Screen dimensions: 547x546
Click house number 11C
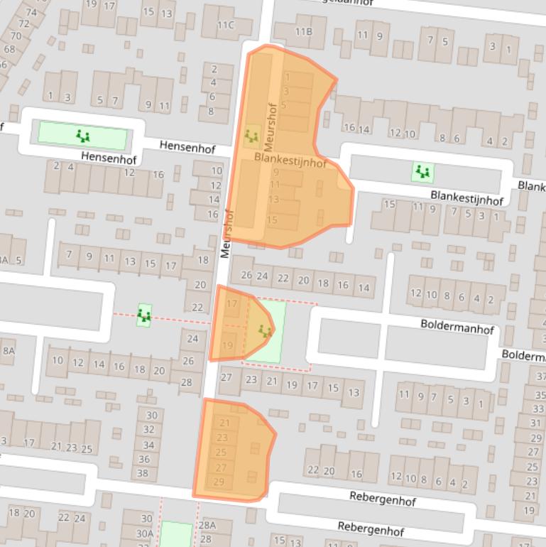[225, 26]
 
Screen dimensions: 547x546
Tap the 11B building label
[303, 31]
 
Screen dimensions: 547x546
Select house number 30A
[146, 533]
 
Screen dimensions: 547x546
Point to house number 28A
[207, 525]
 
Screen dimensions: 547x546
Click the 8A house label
[9, 350]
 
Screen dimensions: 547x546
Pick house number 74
[31, 12]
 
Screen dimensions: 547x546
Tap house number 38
[143, 472]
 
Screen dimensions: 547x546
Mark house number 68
[9, 49]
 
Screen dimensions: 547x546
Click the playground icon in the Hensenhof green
[84, 135]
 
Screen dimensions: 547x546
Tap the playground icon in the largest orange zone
[251, 134]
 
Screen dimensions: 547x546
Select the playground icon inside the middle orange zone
[266, 330]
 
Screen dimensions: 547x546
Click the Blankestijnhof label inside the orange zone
[290, 162]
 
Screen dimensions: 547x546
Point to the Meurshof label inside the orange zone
[269, 126]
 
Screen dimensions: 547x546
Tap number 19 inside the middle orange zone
[228, 345]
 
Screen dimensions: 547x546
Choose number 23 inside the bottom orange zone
[222, 438]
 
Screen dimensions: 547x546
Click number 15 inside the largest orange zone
[271, 220]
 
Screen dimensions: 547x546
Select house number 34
[148, 445]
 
